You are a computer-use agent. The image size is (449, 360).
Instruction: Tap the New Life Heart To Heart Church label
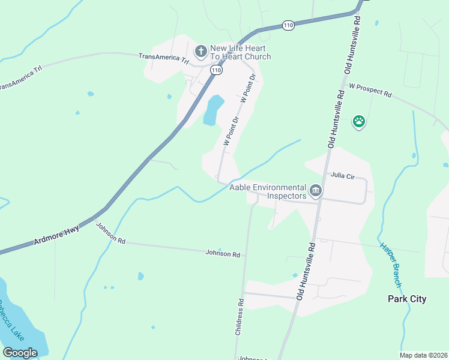tap(240, 52)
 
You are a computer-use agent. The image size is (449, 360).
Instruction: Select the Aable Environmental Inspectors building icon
tap(316, 191)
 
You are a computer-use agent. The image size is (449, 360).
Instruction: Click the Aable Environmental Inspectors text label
tap(268, 191)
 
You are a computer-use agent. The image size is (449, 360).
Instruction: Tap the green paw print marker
tap(359, 122)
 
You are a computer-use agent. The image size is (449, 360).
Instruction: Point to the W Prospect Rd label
tap(370, 91)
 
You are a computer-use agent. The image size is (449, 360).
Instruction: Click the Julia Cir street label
tap(343, 176)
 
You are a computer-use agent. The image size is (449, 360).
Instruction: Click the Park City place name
tap(407, 299)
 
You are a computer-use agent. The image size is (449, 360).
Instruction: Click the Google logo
tap(20, 352)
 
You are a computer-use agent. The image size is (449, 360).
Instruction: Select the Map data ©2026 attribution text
tap(423, 355)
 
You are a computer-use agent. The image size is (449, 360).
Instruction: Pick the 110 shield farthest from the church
tap(289, 25)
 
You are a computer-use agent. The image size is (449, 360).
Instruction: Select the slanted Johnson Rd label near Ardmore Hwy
tap(111, 233)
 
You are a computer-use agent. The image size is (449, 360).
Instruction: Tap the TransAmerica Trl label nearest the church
tap(164, 58)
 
